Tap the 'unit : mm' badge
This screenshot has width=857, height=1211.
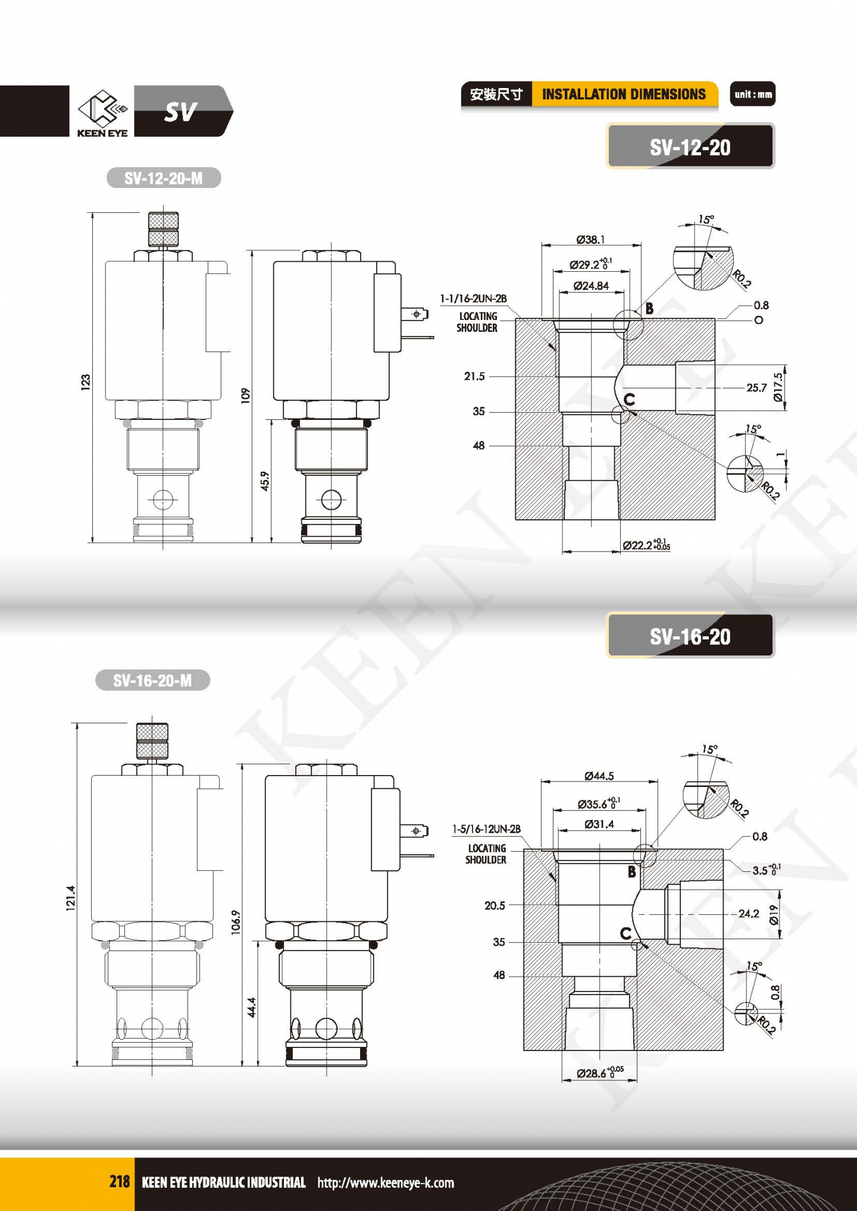(753, 94)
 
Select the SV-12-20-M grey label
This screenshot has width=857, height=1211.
(164, 178)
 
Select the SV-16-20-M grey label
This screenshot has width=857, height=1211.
(153, 680)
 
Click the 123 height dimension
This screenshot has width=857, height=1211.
(86, 382)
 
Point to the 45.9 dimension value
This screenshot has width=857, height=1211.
(265, 481)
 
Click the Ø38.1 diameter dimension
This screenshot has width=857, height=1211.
(590, 239)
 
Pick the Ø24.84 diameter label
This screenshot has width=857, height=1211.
(591, 286)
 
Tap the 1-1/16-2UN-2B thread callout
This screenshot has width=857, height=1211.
(474, 299)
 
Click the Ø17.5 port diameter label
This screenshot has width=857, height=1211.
(778, 387)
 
